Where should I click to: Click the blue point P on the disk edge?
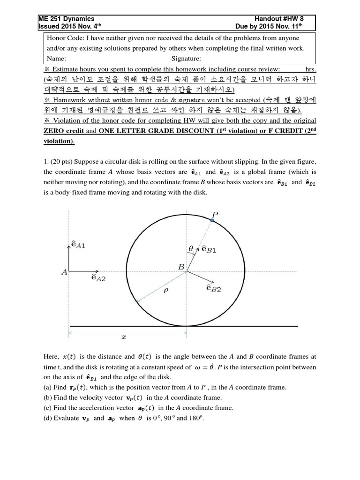tap(212, 221)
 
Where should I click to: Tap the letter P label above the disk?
tap(215, 214)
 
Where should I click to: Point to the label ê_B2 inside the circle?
tap(213, 289)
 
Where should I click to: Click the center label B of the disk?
tap(181, 267)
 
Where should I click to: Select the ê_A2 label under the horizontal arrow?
tap(98, 278)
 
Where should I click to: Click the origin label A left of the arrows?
tap(64, 271)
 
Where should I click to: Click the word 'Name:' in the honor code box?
tap(56, 59)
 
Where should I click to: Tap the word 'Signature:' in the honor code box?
tap(186, 59)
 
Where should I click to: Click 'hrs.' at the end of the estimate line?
tap(310, 69)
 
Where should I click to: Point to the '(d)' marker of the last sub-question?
tap(47, 418)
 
